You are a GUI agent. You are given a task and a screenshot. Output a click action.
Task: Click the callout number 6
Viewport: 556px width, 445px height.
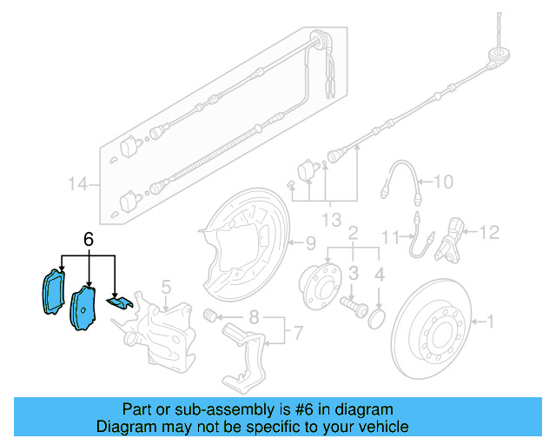pyautogui.click(x=88, y=238)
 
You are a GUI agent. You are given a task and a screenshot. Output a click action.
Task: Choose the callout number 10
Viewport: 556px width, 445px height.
pyautogui.click(x=443, y=183)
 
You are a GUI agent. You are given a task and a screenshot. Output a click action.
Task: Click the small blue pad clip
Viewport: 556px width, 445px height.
pyautogui.click(x=119, y=301)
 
